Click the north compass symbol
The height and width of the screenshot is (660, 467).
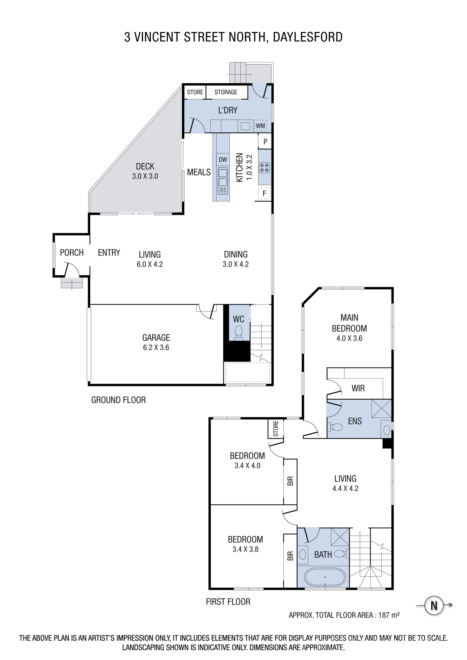pos(434,606)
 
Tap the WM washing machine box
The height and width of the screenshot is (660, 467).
pos(260,126)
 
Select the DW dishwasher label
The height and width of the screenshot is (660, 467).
pos(223,160)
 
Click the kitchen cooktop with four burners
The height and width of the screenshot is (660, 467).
pos(264,167)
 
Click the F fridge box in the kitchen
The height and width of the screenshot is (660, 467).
pos(264,193)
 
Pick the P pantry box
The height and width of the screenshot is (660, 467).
pos(265,142)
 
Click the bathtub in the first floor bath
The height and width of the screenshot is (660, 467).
pos(325,577)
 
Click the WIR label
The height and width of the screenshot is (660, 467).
pos(358,388)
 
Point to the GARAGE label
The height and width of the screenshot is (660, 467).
pos(156,338)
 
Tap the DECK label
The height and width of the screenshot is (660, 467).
pos(145,166)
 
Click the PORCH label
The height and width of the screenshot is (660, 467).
pos(72,253)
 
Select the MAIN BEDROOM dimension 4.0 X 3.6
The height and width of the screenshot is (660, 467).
pos(349,338)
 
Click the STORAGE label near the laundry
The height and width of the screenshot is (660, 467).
pos(226,92)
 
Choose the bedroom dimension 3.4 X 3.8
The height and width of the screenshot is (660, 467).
pos(245,549)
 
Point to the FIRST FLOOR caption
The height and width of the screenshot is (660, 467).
pos(228,602)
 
